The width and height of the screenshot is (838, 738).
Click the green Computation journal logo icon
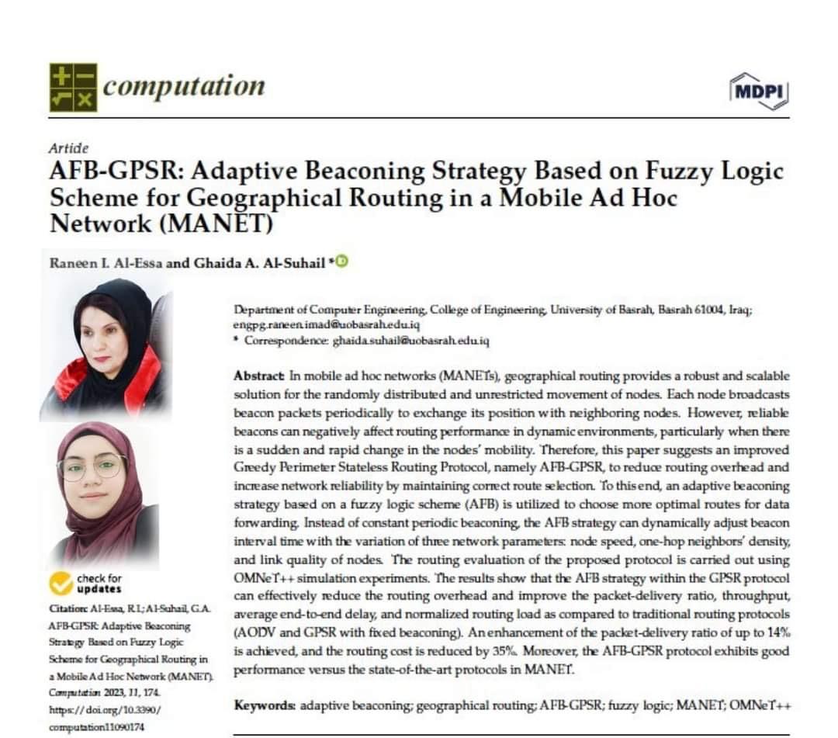pos(73,86)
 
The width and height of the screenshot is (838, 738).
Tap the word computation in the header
pos(183,85)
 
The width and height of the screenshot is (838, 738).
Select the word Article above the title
pos(68,148)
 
